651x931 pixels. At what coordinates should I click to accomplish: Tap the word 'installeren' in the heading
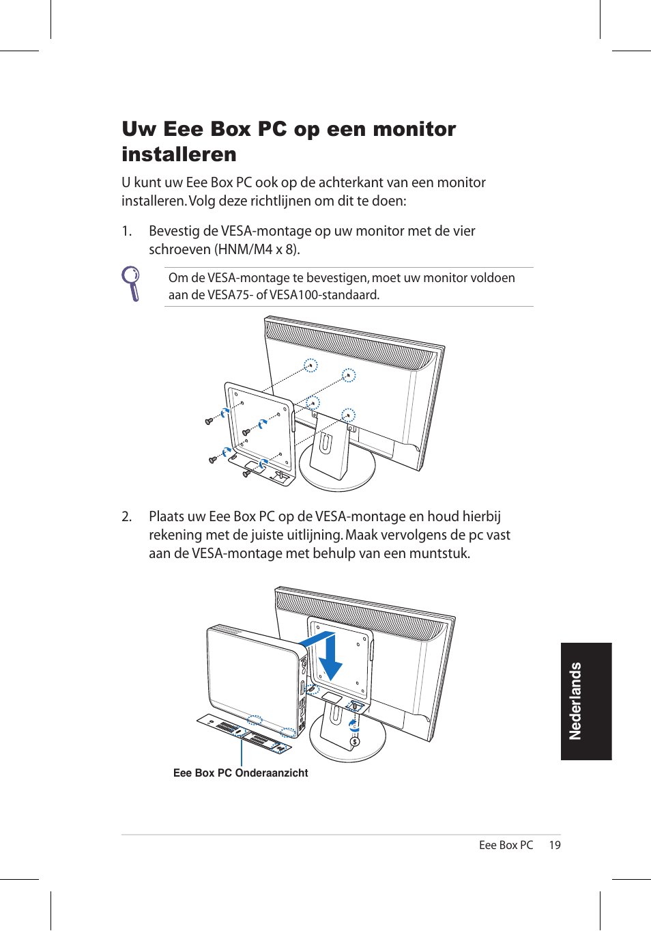(179, 154)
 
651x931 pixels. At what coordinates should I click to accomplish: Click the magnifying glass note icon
(131, 283)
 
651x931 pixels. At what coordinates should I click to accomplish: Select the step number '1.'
(126, 231)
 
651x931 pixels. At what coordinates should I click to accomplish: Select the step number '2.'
(126, 516)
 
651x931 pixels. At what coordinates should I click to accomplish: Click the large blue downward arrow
(330, 657)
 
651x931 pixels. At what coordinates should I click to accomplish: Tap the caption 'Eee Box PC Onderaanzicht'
(240, 773)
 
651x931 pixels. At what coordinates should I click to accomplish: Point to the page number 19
(555, 845)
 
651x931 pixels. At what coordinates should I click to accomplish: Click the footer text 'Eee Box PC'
(506, 845)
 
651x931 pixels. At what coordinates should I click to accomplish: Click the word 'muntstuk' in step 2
(439, 553)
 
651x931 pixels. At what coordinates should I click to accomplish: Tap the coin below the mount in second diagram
(355, 742)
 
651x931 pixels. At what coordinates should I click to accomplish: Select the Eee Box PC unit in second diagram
(252, 676)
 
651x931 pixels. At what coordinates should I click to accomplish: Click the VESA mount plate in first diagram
(259, 430)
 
